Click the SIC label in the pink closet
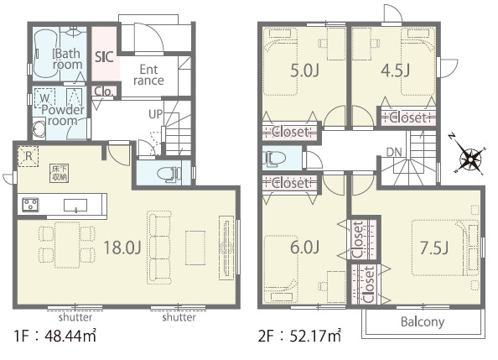(x=104, y=57)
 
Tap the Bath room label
(x=68, y=59)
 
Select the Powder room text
(x=63, y=115)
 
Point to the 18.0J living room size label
(x=122, y=248)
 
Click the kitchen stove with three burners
(x=30, y=205)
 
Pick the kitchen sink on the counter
(x=75, y=206)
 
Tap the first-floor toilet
(x=169, y=174)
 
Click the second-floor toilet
(x=274, y=159)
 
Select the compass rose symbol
(x=469, y=156)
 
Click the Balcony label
(x=423, y=322)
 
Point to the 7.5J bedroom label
(x=434, y=248)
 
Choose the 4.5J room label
(x=396, y=70)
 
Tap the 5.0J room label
(x=304, y=70)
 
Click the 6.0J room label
(x=304, y=248)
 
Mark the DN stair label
(x=394, y=152)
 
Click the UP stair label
(x=156, y=114)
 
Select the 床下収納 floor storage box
(x=60, y=173)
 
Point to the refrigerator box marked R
(x=28, y=156)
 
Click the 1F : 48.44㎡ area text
(x=54, y=336)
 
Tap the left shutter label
(x=75, y=317)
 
